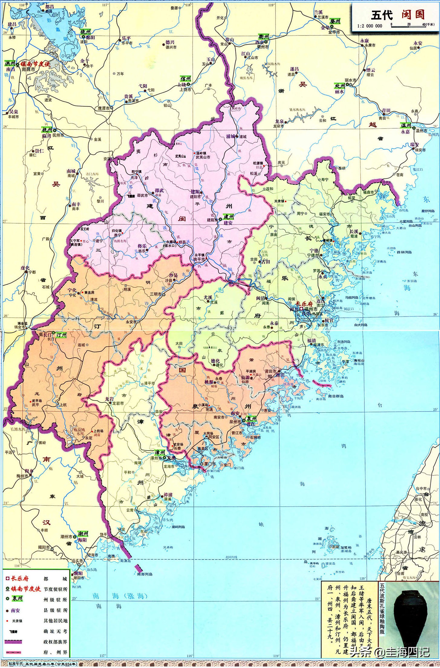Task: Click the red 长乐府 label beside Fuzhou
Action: [x=304, y=303]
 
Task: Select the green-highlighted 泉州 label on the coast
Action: [x=251, y=418]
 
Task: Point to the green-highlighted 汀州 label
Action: [x=61, y=335]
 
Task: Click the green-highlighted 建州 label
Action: [x=228, y=217]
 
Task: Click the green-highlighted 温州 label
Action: [x=406, y=125]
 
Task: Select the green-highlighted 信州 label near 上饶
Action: [x=185, y=79]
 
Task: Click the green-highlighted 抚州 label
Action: [x=47, y=130]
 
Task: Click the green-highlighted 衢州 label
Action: [x=263, y=36]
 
